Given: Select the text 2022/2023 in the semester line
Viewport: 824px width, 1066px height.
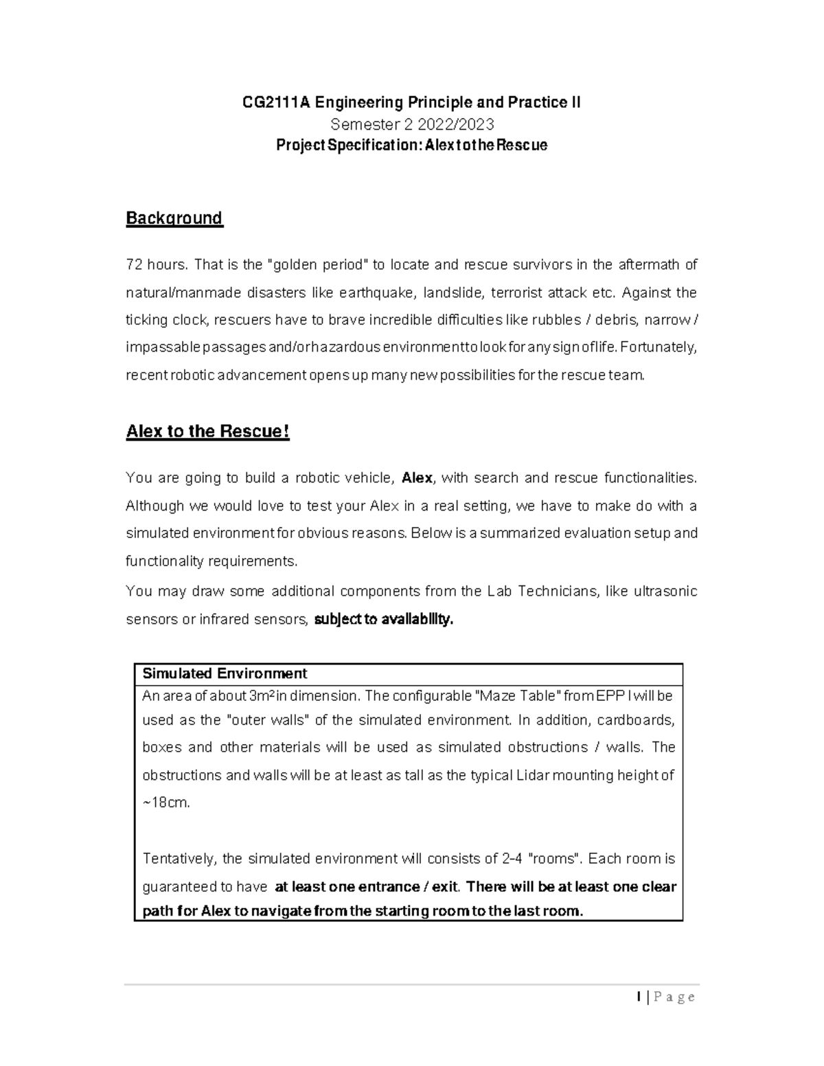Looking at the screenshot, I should point(460,124).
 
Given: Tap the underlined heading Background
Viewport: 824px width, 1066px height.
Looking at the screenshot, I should point(174,218).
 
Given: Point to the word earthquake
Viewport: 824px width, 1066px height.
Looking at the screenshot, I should point(382,293).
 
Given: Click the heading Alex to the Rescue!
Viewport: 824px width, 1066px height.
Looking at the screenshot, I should point(207,432).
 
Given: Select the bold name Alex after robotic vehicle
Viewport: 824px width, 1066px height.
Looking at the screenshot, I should point(417,478).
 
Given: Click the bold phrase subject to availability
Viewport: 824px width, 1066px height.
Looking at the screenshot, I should point(384,620).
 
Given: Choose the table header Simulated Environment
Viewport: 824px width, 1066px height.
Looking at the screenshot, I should point(225,673).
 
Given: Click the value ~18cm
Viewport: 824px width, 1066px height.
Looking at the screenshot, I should point(165,802).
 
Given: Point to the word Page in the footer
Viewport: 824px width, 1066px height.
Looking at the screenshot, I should point(674,997).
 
